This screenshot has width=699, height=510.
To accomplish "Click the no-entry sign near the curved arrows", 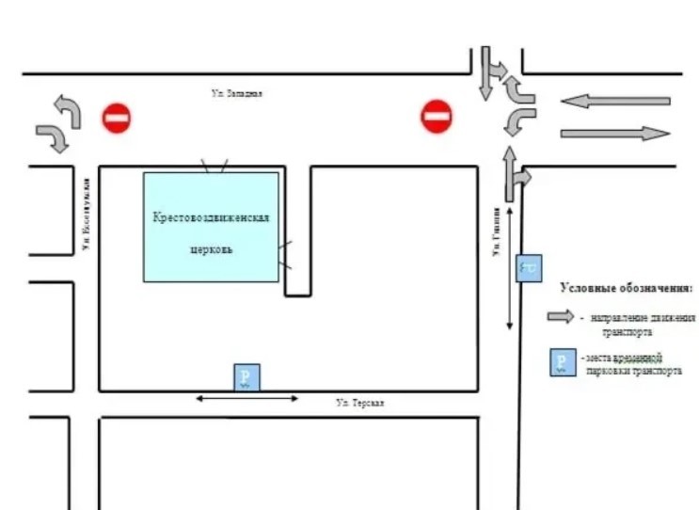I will tap(116, 118).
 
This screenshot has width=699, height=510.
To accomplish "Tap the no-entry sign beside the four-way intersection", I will tap(436, 117).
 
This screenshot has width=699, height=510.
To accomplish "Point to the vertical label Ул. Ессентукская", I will tap(85, 215).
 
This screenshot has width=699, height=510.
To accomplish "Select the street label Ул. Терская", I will tap(360, 403).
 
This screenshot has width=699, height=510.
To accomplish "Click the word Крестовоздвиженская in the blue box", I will tap(212, 217).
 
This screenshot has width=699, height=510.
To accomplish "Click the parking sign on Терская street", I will tap(246, 377).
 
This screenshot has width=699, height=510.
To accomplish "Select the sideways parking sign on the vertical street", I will tap(529, 268).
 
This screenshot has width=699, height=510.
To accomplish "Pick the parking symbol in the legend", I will tap(562, 363).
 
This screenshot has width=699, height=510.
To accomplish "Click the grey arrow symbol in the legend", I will tap(561, 317).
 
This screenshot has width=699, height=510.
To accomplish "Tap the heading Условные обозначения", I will tap(627, 287).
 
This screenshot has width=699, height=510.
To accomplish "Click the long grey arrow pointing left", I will tap(615, 101).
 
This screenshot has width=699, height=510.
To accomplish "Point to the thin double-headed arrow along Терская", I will tap(246, 399).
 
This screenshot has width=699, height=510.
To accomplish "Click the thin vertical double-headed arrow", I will tap(510, 269).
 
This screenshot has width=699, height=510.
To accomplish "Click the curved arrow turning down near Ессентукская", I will tap(54, 137).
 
